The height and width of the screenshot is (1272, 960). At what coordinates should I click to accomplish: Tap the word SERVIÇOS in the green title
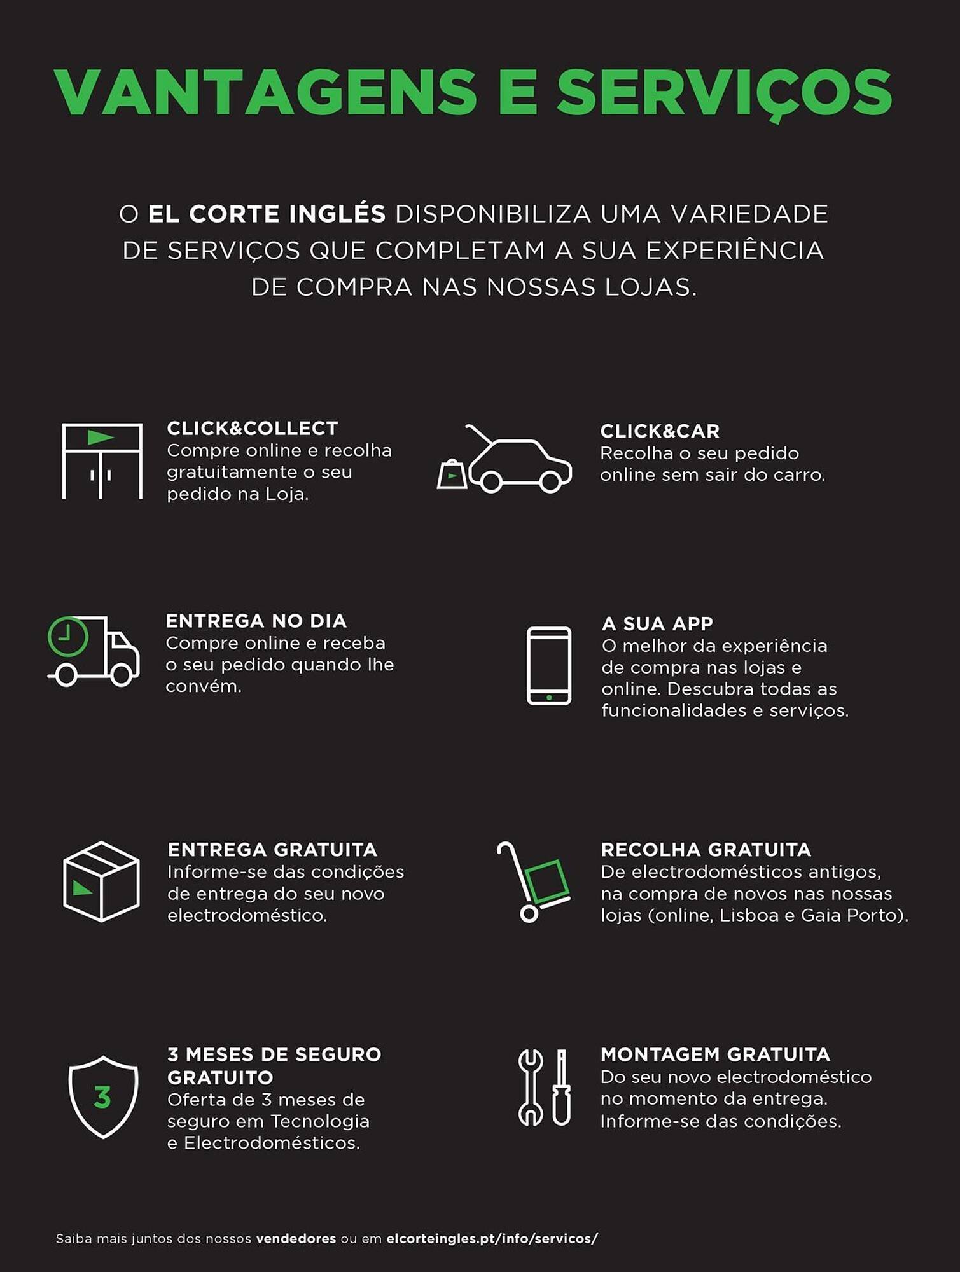click(x=724, y=93)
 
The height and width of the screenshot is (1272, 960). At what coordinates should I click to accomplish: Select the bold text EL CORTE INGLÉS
click(x=267, y=214)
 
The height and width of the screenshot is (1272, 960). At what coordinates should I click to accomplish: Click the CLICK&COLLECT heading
click(x=252, y=429)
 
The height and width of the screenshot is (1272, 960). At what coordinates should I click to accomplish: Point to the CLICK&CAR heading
click(x=660, y=431)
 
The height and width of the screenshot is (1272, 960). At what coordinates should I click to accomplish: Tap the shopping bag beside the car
click(x=452, y=474)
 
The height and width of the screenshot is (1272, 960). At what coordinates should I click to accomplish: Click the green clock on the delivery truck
click(x=68, y=636)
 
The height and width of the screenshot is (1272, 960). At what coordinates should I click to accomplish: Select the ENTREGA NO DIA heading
click(x=256, y=621)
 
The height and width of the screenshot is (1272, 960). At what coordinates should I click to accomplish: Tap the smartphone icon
click(x=549, y=666)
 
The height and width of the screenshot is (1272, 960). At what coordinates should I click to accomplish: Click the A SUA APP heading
click(x=657, y=623)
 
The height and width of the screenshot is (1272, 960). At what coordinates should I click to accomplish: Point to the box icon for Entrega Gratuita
click(x=101, y=881)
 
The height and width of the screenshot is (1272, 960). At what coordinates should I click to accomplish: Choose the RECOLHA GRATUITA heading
click(x=706, y=850)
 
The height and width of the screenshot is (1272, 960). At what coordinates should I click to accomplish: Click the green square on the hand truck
click(x=546, y=881)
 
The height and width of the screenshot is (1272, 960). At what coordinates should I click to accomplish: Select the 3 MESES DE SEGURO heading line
click(x=274, y=1054)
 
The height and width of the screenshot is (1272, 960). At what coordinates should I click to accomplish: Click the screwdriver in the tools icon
click(x=561, y=1087)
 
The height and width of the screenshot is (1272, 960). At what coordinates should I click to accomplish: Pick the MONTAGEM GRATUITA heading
click(x=715, y=1054)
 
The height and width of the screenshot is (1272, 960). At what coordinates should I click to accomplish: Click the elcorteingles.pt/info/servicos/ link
click(x=492, y=1239)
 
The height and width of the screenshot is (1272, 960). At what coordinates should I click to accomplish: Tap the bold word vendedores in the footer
click(x=296, y=1239)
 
